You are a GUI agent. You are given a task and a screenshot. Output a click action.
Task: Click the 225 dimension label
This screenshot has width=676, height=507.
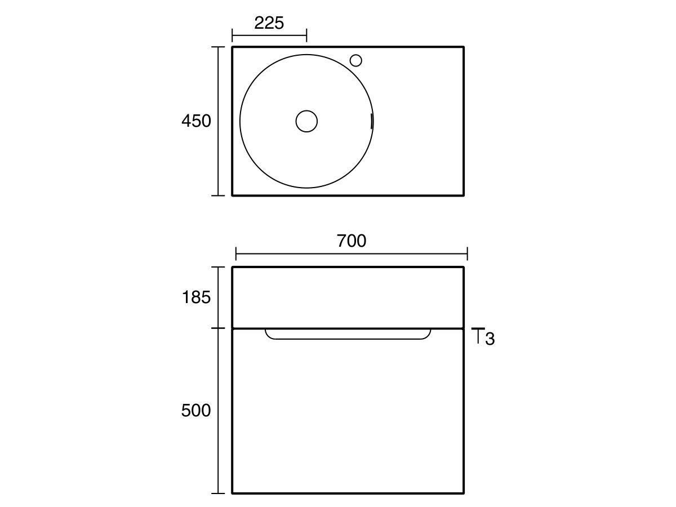pos(269,23)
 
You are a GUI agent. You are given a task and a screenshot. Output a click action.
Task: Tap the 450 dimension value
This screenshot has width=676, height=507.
pos(196,121)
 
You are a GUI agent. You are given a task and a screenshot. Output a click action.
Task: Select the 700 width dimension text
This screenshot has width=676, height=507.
pos(352,241)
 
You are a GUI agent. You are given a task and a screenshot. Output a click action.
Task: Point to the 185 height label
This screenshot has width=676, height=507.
pos(196,297)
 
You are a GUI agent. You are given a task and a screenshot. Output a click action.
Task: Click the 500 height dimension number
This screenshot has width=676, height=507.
pos(196,411)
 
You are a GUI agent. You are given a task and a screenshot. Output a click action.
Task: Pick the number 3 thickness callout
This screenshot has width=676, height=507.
pos(490,339)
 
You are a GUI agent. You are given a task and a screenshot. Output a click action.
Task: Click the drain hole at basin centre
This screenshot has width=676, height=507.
pos(306,121)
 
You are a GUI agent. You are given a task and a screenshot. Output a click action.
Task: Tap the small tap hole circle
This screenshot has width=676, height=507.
pos(355,60)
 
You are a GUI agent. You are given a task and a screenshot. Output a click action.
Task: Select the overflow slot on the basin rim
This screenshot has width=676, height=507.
pos(371,121)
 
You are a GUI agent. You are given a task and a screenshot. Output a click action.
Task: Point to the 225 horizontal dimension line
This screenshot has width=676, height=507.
pos(269,36)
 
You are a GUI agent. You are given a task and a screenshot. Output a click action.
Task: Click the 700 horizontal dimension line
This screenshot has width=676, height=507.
pos(352,253)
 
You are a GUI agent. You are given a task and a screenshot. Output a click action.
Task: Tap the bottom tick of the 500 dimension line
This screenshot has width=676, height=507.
pos(218,493)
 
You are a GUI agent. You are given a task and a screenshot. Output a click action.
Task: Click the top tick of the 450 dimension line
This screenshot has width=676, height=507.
pos(218,47)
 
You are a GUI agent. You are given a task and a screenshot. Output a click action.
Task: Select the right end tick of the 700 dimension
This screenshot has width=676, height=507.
pos(468,253)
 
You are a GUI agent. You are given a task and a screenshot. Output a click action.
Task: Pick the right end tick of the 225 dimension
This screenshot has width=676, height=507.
pos(306,36)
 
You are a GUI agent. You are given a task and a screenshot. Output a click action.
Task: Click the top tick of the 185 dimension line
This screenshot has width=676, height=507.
pos(218,267)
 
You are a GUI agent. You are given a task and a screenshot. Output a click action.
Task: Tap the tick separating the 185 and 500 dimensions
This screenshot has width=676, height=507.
pos(218,328)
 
